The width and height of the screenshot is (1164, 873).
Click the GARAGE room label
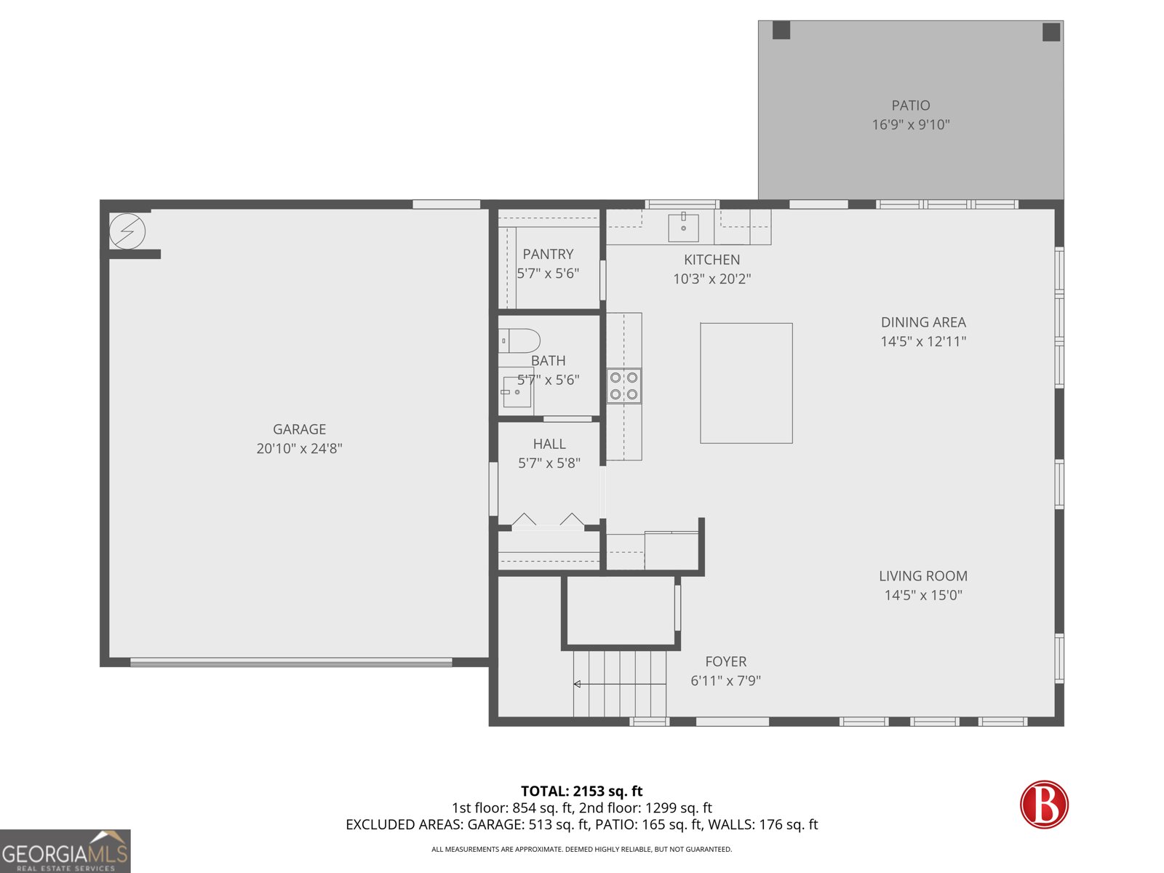tap(299, 429)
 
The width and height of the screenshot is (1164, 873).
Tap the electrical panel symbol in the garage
tap(127, 232)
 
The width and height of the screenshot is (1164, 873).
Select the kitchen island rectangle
tap(746, 383)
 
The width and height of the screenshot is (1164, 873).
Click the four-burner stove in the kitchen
tap(623, 386)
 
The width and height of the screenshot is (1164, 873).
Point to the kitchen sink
tap(683, 228)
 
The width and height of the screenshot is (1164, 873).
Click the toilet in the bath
tap(519, 340)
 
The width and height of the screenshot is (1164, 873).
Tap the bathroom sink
tap(517, 392)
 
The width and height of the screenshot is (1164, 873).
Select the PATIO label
tap(910, 105)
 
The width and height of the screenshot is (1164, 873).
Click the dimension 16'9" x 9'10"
tap(910, 124)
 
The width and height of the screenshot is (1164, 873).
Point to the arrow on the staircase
tap(578, 684)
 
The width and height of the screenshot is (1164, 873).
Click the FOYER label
tap(725, 661)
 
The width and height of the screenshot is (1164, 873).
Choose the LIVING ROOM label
tap(922, 575)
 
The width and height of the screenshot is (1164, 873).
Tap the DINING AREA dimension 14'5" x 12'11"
tap(922, 341)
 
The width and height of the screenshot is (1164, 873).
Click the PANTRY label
tap(548, 254)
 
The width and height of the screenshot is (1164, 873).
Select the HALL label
tap(549, 444)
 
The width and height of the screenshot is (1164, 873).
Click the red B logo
tap(1044, 804)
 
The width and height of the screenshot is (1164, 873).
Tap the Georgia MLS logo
tap(65, 851)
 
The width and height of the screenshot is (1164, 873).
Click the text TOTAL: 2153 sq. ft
tap(581, 791)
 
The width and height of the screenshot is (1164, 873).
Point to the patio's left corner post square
tap(781, 31)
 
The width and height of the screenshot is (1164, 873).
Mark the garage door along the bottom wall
tap(291, 662)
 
